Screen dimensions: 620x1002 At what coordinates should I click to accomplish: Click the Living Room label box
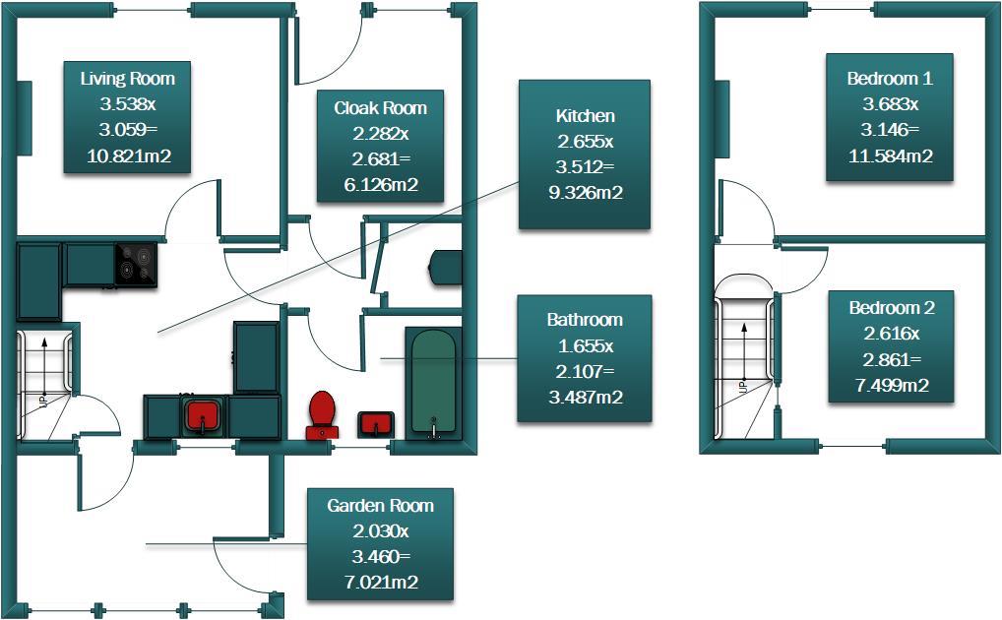click(x=126, y=117)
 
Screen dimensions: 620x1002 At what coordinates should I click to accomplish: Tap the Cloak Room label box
click(x=380, y=146)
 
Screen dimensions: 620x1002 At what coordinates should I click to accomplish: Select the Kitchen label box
click(x=584, y=155)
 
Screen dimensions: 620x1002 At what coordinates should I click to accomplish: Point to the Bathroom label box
click(x=584, y=359)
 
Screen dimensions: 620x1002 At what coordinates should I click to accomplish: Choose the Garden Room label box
click(x=380, y=543)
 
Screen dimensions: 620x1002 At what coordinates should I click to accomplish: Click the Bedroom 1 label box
click(x=890, y=117)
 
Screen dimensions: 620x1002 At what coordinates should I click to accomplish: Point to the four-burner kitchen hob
click(x=136, y=264)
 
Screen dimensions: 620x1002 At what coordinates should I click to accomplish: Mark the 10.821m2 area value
click(x=126, y=155)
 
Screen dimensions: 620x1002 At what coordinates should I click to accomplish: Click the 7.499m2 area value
click(x=891, y=385)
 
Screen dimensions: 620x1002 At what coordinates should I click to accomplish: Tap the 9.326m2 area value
click(x=585, y=193)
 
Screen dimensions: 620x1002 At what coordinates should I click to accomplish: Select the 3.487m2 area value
click(x=584, y=398)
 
